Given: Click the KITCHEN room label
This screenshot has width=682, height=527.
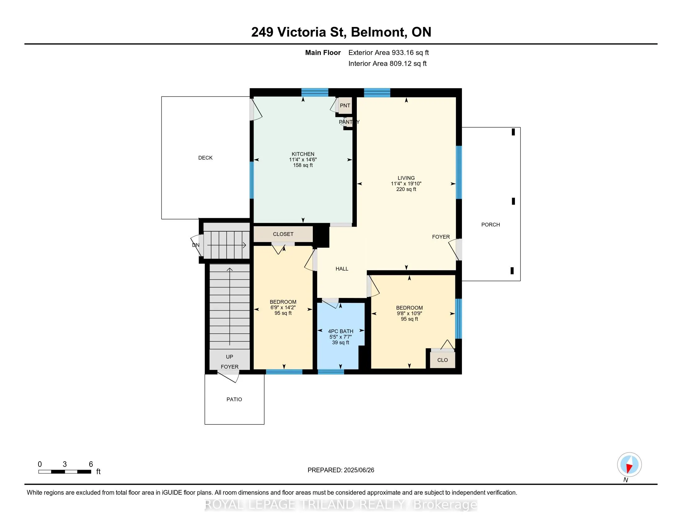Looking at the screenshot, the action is (x=303, y=154).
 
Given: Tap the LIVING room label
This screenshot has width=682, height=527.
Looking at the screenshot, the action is (x=406, y=178).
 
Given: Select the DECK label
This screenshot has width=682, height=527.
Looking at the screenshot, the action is (x=205, y=158).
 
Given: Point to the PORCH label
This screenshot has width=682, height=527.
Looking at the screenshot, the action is (x=491, y=224).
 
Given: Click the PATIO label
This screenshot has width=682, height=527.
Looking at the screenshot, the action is (x=234, y=399).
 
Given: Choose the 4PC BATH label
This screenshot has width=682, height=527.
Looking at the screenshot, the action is (x=341, y=331).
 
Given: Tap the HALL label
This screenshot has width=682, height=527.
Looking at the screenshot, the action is (x=342, y=269).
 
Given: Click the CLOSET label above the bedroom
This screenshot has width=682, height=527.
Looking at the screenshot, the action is (x=283, y=234).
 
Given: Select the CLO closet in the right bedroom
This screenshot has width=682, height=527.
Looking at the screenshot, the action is (x=442, y=360).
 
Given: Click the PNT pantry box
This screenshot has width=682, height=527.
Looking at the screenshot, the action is (x=345, y=105).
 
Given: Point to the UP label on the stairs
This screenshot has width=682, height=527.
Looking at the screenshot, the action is (x=229, y=357).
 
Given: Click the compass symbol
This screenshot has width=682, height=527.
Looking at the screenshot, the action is (x=629, y=465).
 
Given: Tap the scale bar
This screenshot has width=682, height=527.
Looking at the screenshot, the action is (x=65, y=472).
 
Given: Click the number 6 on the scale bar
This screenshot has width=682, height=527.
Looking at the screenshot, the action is (x=91, y=464).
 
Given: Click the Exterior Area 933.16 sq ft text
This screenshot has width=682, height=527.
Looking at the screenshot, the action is (x=388, y=53).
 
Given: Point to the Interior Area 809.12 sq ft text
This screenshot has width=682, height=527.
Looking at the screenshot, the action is (x=387, y=64).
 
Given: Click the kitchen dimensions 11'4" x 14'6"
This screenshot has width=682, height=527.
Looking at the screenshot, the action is (x=303, y=160).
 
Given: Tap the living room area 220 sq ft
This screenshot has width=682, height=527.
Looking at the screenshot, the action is (x=406, y=189).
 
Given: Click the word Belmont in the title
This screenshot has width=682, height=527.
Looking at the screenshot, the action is (x=378, y=32).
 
